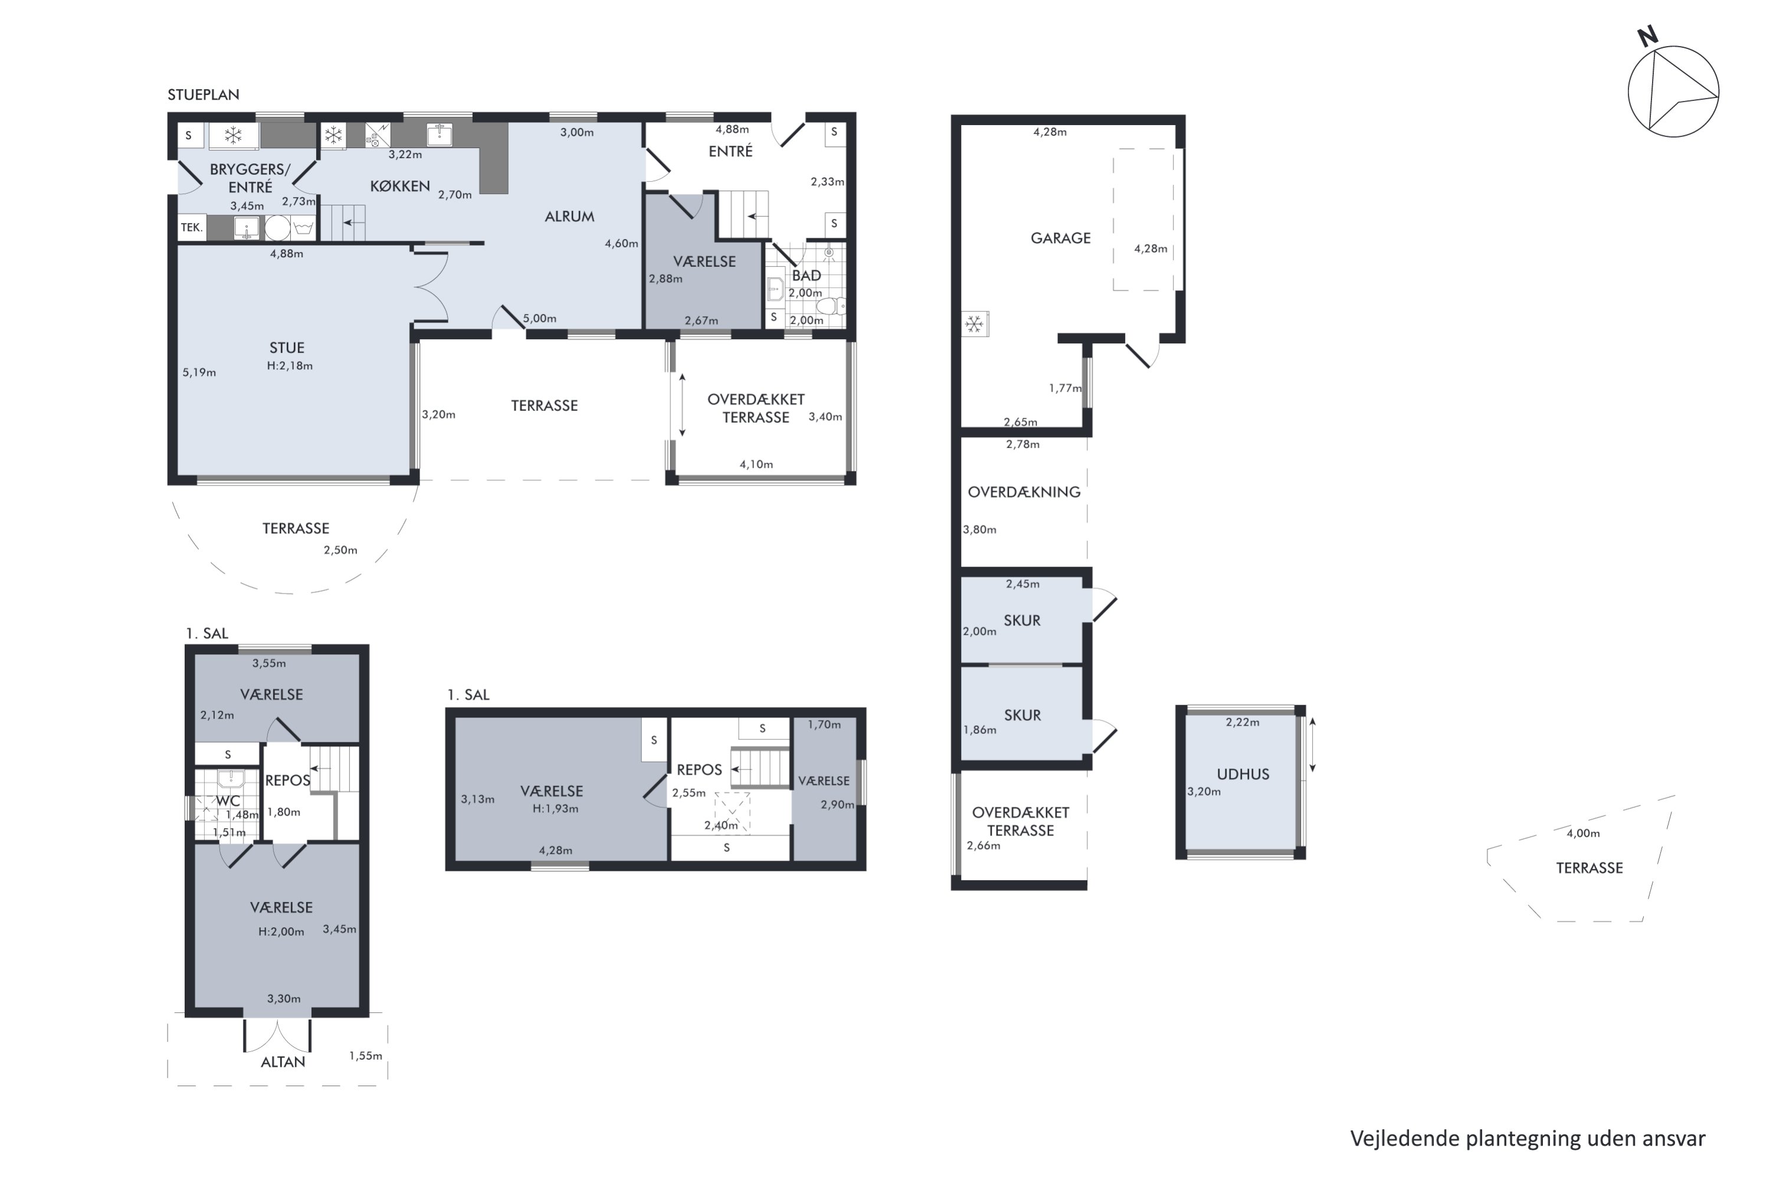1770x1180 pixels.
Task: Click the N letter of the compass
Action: pyautogui.click(x=1647, y=36)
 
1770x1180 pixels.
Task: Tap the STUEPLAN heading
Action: pyautogui.click(x=203, y=95)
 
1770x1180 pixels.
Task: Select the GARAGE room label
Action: pyautogui.click(x=1060, y=238)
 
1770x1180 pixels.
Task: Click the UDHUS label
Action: pyautogui.click(x=1243, y=773)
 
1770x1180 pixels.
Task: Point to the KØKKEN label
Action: pyautogui.click(x=399, y=186)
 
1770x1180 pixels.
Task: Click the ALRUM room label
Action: pyautogui.click(x=569, y=216)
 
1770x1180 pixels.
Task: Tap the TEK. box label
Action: pyautogui.click(x=191, y=227)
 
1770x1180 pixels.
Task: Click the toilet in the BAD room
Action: pyautogui.click(x=830, y=306)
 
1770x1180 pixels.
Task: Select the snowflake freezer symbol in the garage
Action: pyautogui.click(x=975, y=324)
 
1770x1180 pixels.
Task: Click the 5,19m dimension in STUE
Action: pyautogui.click(x=199, y=372)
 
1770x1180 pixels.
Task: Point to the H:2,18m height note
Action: pyautogui.click(x=289, y=366)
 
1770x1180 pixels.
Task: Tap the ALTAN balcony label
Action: pyautogui.click(x=283, y=1062)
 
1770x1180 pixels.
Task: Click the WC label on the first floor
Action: pyautogui.click(x=228, y=801)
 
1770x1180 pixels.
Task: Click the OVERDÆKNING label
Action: pyautogui.click(x=1024, y=491)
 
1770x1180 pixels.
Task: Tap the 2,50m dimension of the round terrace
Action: pyautogui.click(x=340, y=549)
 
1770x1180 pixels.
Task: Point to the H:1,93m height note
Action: pyautogui.click(x=555, y=808)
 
